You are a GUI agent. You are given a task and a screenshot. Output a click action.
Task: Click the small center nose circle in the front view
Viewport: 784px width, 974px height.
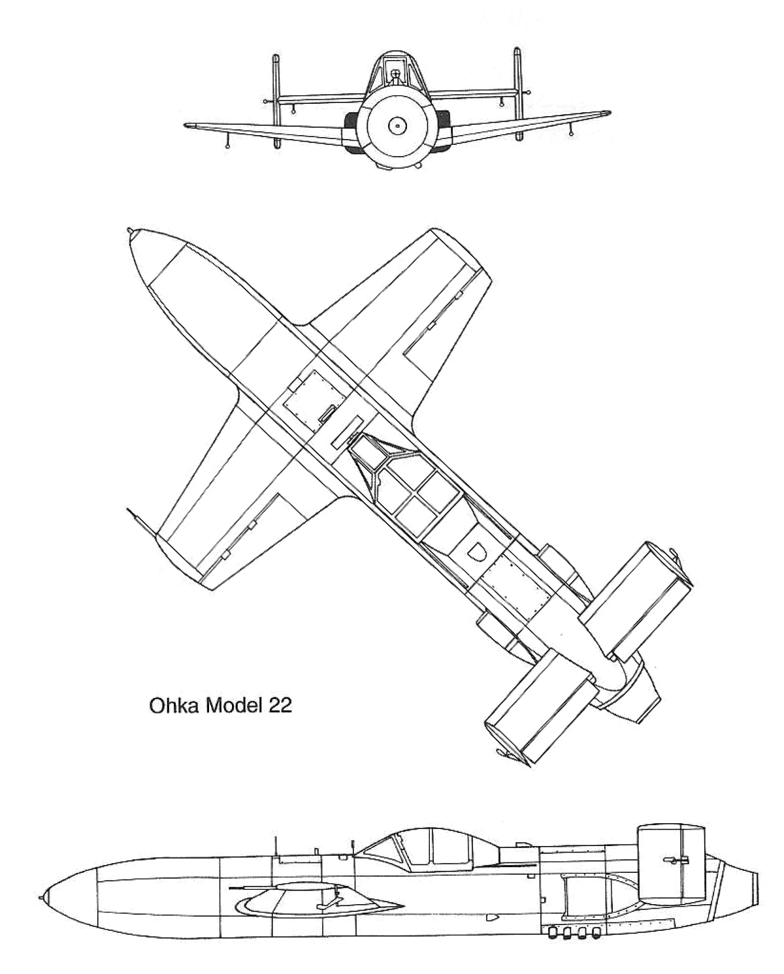click(x=397, y=127)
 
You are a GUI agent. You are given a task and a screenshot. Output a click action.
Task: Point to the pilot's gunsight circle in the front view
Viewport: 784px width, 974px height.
click(x=395, y=73)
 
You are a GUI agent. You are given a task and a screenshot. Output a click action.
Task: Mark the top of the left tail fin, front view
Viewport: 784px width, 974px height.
click(x=275, y=57)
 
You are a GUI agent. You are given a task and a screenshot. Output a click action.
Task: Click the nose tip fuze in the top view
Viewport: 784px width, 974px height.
click(x=131, y=231)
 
